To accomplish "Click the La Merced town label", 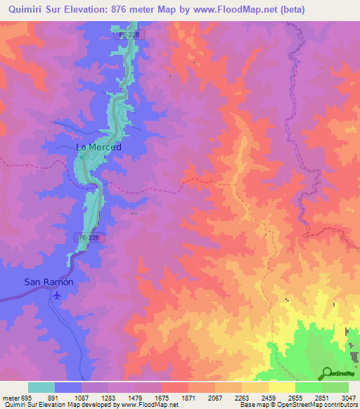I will point(98,147).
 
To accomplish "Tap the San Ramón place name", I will point(49,282).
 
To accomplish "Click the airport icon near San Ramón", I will point(56,295).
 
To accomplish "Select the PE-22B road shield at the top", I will point(124,34).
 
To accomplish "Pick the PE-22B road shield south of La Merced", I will point(89,238).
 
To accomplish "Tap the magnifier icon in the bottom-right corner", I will point(326,373).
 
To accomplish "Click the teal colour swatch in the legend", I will point(41,387).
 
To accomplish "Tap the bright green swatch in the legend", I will point(308,387).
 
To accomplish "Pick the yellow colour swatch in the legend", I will point(281,387).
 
